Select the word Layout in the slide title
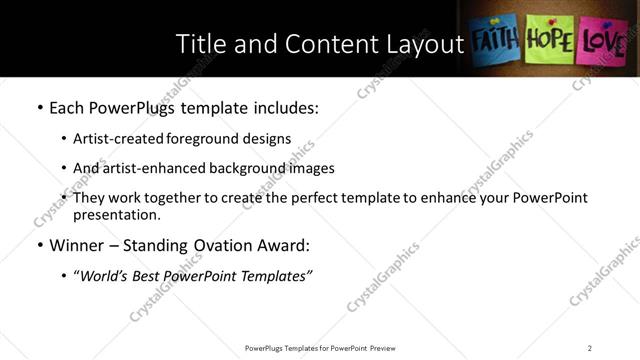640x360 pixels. pos(420,44)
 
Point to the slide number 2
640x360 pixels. pos(590,348)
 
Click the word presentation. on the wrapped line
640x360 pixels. pos(116,214)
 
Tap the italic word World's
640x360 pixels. pos(104,275)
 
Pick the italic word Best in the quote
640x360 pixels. pos(153,275)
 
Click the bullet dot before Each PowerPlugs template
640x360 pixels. pos(39,107)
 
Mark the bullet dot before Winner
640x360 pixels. pos(39,245)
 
